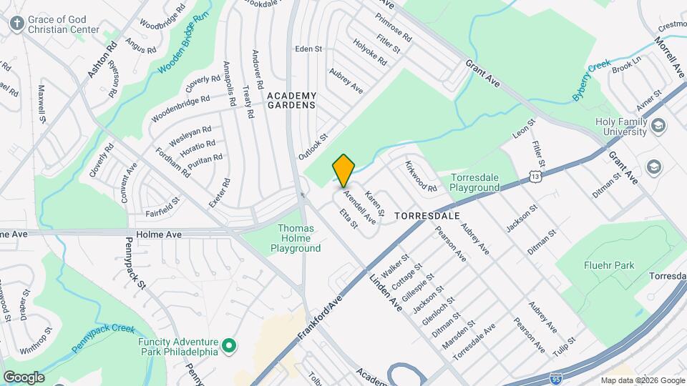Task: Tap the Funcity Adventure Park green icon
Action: click(229, 347)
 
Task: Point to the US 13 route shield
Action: click(535, 176)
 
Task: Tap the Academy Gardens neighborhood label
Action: click(291, 100)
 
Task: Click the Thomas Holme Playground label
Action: click(296, 239)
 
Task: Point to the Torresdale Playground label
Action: click(484, 182)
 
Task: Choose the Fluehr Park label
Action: click(610, 265)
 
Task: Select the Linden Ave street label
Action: click(386, 293)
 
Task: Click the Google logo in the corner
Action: click(24, 377)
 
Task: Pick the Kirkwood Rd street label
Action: click(420, 177)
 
